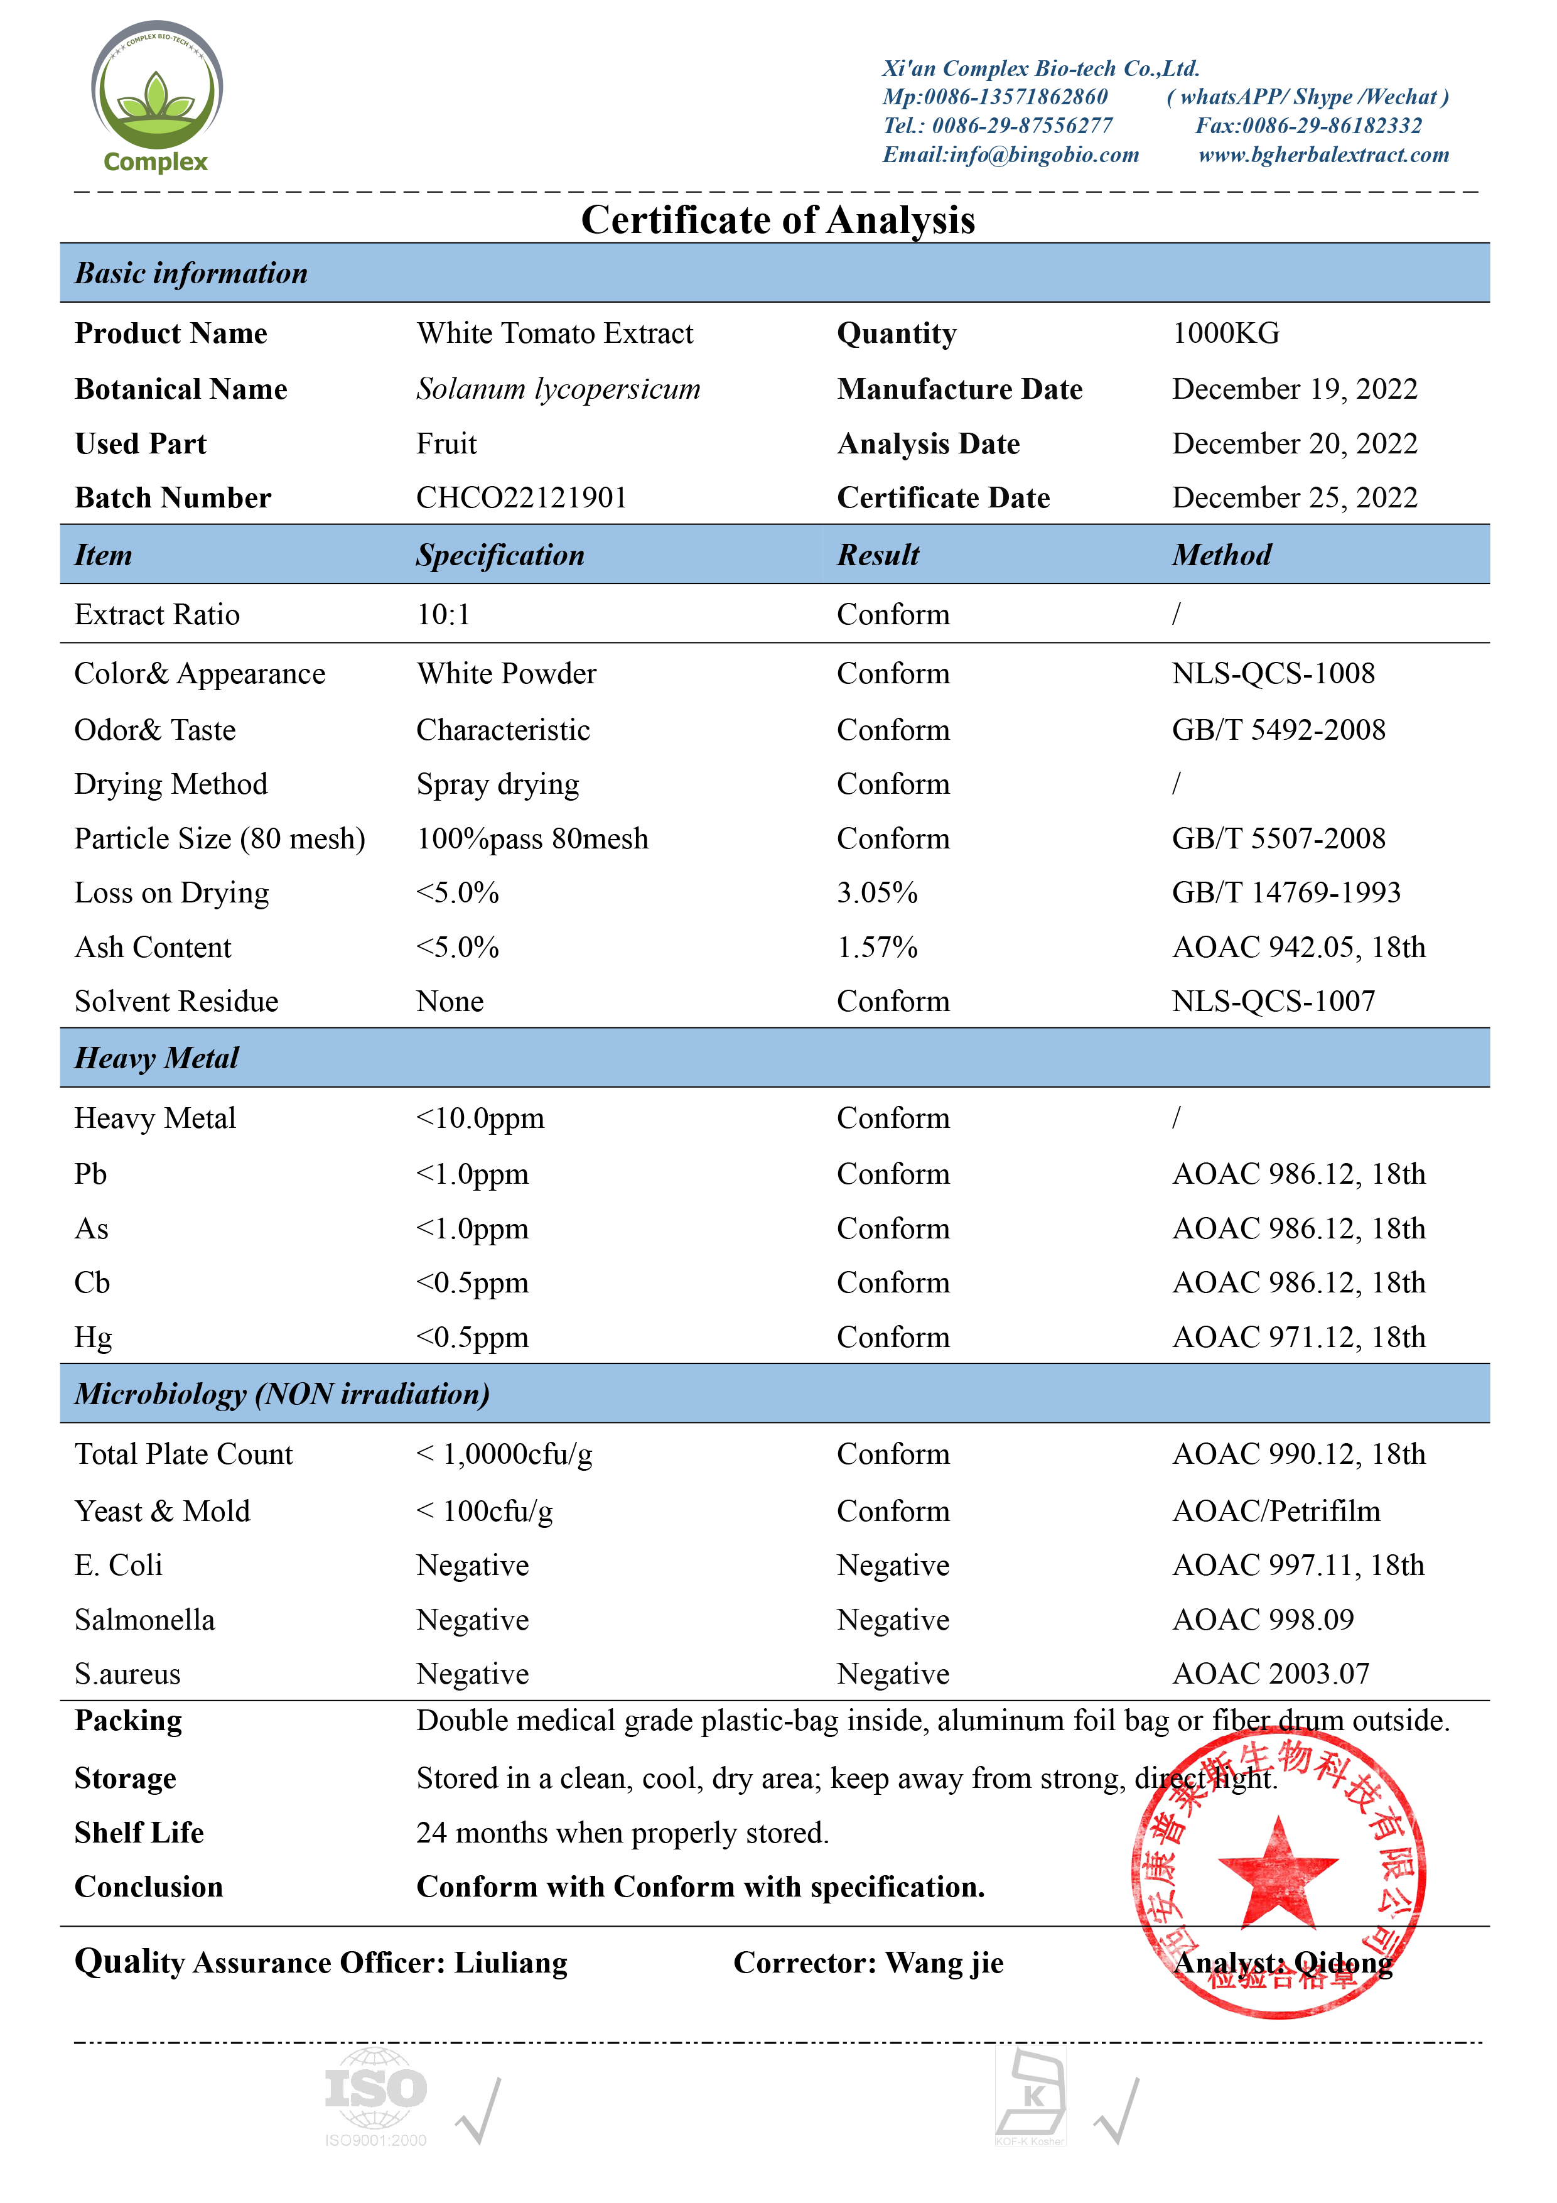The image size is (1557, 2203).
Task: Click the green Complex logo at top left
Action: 156,96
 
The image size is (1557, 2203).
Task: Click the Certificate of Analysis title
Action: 778,220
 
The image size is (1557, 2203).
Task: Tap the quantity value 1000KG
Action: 1225,333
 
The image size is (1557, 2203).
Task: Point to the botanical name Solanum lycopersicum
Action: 558,389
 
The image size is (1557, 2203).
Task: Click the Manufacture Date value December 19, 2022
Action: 1294,389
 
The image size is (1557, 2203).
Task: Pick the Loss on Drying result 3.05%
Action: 877,892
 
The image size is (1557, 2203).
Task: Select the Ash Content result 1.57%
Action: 877,947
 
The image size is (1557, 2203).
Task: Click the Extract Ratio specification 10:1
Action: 443,614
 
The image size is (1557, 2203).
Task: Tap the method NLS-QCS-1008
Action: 1273,674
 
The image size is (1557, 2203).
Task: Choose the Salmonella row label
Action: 145,1620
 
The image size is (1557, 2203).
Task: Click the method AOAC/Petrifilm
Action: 1276,1511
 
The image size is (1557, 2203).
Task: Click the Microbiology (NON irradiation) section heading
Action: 282,1393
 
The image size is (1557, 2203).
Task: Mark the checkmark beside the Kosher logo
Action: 1119,2111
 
